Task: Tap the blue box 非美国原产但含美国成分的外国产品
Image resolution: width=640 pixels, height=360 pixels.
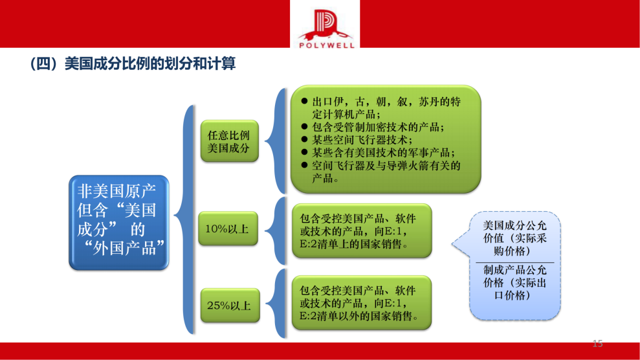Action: pyautogui.click(x=118, y=222)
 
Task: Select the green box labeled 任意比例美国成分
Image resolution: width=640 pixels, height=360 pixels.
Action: pyautogui.click(x=228, y=142)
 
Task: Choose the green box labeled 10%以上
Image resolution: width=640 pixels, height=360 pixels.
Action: pyautogui.click(x=228, y=229)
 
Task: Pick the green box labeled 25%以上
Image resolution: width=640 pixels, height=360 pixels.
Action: pyautogui.click(x=228, y=305)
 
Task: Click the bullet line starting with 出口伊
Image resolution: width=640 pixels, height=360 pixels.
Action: pyautogui.click(x=382, y=107)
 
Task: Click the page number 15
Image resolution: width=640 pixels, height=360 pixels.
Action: pyautogui.click(x=597, y=343)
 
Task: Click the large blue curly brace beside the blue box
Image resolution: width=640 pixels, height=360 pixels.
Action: pyautogui.click(x=185, y=220)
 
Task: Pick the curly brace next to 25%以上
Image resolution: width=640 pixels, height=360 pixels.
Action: pyautogui.click(x=277, y=304)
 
